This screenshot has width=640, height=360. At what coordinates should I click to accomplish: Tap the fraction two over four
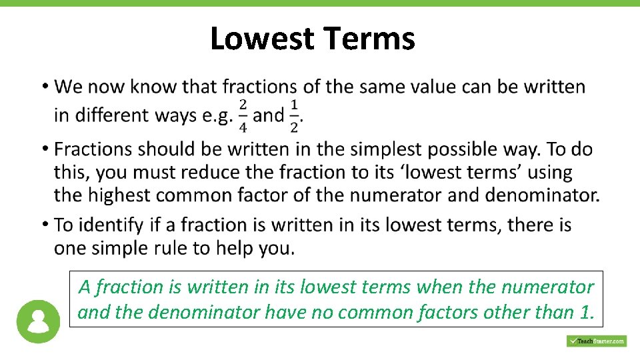pyautogui.click(x=243, y=115)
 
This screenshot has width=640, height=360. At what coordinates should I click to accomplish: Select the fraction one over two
pyautogui.click(x=294, y=115)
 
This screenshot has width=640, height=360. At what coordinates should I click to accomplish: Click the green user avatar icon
pyautogui.click(x=38, y=321)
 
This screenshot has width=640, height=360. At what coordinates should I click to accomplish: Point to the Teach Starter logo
pyautogui.click(x=596, y=341)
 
